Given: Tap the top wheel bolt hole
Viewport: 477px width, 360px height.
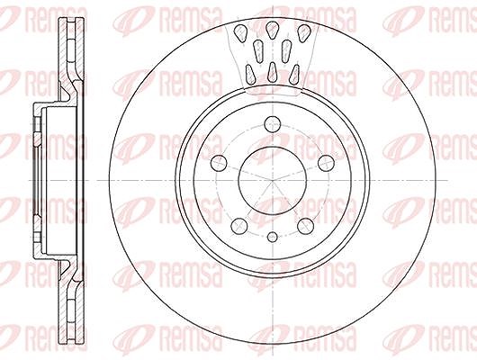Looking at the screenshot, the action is (272, 124).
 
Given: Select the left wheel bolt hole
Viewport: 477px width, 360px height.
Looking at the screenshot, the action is (219, 163).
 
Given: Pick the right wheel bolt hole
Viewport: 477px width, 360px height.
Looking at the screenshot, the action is (326, 163).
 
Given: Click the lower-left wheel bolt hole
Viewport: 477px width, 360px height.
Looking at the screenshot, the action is (238, 226).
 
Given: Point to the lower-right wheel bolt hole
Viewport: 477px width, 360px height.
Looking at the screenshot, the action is (305, 226).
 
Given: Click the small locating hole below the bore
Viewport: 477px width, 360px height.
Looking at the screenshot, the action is (273, 237).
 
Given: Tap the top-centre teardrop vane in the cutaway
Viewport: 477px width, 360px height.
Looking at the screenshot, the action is (272, 30).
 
